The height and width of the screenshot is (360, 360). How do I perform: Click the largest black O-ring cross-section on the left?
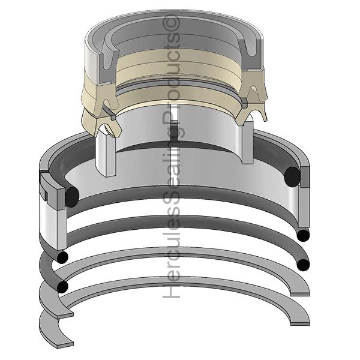tap(72, 197)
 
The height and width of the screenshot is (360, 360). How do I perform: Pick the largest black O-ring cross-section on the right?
tap(292, 176)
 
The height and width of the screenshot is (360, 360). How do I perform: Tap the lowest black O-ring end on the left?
tap(62, 287)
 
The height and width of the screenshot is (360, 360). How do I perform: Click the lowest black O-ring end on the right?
tap(303, 265)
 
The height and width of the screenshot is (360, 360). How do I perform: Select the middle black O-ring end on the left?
tap(62, 257)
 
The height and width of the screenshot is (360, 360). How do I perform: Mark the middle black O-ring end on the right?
tap(303, 235)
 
